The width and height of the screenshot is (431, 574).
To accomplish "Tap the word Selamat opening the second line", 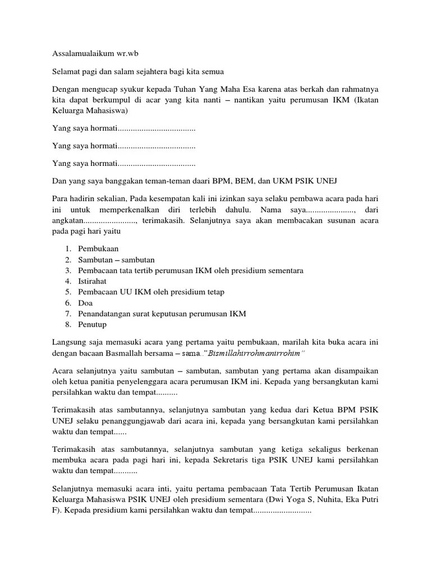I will pos(66,71).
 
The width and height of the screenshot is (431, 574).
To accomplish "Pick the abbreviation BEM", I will pos(268,180).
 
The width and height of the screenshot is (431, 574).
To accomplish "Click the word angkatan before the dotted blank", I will pos(70,220).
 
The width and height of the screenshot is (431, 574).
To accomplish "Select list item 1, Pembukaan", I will pos(99,248).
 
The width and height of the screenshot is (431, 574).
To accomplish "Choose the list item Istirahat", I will pos(93,281).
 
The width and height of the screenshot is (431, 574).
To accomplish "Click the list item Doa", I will pos(86,303).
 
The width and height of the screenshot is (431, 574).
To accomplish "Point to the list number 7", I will pos(67,313).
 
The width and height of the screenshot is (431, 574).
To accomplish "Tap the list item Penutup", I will pos(93,324).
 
